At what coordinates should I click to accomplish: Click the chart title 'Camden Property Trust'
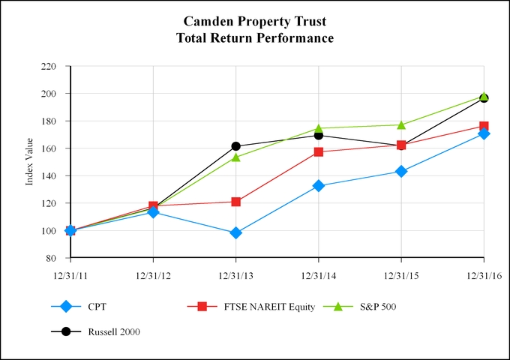(255, 22)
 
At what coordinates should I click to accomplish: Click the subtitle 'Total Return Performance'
(255, 37)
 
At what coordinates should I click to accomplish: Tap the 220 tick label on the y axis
(49, 67)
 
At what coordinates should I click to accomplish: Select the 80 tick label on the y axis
(52, 258)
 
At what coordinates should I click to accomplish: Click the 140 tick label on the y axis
(49, 176)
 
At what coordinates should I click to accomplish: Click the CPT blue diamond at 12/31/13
(236, 233)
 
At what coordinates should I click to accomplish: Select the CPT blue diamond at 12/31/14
(319, 185)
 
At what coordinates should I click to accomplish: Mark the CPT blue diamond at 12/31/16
(484, 133)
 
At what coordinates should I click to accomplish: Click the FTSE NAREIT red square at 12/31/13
(236, 202)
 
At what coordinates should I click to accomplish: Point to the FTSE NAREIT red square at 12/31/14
(319, 151)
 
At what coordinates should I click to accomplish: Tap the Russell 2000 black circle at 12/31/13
(236, 146)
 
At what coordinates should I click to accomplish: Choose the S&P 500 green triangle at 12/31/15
(401, 124)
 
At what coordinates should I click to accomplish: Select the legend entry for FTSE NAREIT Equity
(255, 306)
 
